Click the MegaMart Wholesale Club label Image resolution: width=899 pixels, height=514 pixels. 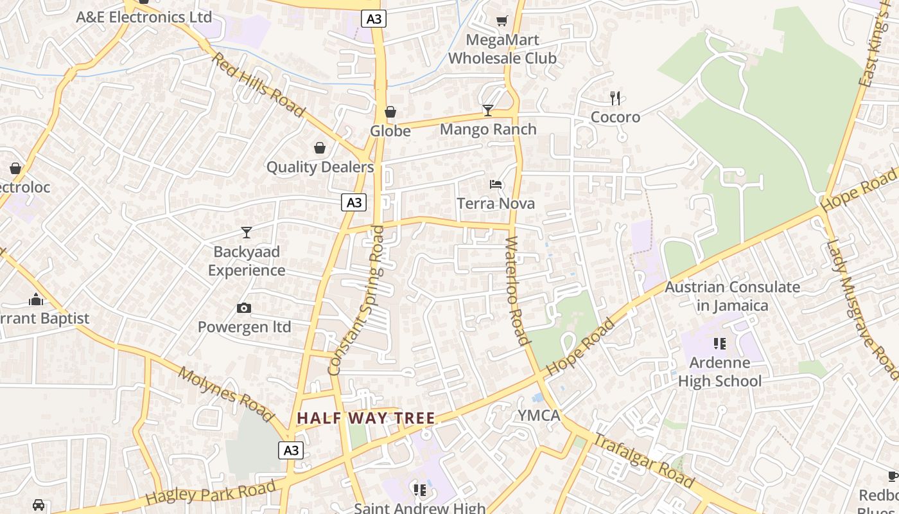tap(502, 49)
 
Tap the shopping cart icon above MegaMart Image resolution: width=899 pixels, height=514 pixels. tap(502, 21)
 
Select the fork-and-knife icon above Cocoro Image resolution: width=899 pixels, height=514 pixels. tap(615, 98)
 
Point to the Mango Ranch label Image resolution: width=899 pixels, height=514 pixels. tap(488, 129)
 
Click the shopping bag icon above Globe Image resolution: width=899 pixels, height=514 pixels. tap(390, 112)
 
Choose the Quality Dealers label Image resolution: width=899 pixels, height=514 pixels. tap(320, 167)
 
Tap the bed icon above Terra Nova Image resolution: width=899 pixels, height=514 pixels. tap(496, 184)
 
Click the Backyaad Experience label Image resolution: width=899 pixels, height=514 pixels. tap(247, 261)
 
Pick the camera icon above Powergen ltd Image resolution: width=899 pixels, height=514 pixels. tap(244, 308)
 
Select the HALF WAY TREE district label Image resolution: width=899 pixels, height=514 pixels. tap(366, 418)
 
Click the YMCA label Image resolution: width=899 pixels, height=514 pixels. tap(539, 416)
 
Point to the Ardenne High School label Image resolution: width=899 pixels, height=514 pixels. tap(720, 372)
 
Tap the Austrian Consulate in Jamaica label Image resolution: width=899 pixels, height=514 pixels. tap(733, 296)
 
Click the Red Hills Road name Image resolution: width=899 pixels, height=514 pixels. tap(258, 85)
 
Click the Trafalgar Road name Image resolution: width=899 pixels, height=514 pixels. tap(643, 461)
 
